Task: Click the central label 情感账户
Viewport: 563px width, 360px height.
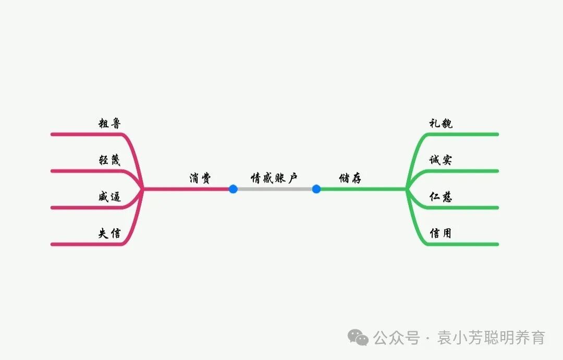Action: click(274, 178)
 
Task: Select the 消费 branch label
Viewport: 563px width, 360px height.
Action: click(200, 178)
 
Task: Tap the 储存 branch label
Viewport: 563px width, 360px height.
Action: click(350, 178)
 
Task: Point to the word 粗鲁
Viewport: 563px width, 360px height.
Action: click(110, 123)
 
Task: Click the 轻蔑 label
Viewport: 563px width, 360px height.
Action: click(109, 160)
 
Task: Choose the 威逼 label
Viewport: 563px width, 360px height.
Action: click(109, 197)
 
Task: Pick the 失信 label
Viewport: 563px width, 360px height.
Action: click(109, 233)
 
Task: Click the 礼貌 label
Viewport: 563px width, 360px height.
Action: click(440, 123)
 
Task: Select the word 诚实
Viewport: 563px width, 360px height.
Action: click(440, 160)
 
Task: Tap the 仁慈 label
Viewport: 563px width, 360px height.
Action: click(440, 197)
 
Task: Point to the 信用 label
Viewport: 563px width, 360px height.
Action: click(440, 233)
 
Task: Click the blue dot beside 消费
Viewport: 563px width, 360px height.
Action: click(233, 189)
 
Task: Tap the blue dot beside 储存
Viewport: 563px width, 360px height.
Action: click(316, 189)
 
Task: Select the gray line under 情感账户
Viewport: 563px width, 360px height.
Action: click(274, 189)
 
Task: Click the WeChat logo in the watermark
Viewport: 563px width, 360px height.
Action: click(358, 338)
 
